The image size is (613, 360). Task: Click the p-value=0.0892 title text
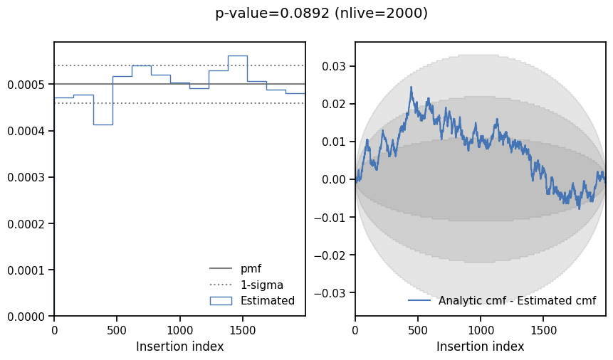(321, 14)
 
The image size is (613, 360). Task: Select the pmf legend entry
(251, 269)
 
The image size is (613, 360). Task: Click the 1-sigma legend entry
(261, 285)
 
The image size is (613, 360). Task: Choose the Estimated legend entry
(267, 300)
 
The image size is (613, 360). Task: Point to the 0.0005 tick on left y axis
(26, 85)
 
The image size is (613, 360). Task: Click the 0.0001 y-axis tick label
(26, 270)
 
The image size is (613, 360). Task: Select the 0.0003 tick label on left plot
(26, 177)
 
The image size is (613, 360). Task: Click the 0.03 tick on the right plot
(336, 67)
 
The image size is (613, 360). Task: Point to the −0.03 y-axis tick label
(332, 293)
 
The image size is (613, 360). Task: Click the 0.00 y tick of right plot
(336, 179)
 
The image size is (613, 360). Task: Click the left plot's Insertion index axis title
(179, 347)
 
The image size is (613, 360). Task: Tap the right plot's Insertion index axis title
(481, 347)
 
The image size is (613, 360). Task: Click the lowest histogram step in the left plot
(103, 125)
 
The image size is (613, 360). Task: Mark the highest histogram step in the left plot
(237, 55)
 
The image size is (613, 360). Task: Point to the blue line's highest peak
(411, 88)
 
